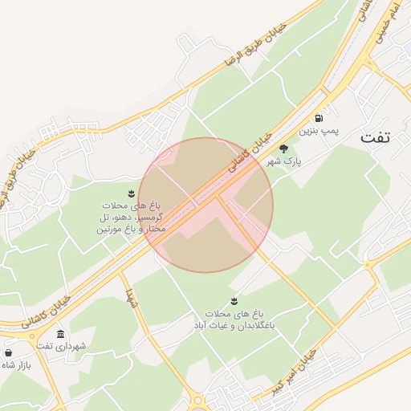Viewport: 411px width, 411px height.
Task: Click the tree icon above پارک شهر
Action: pyautogui.click(x=283, y=149)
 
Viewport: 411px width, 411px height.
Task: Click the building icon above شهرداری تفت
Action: pyautogui.click(x=60, y=334)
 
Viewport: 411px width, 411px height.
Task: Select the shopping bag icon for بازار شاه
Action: pyautogui.click(x=9, y=353)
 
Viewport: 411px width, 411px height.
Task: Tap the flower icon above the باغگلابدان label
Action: pyautogui.click(x=234, y=301)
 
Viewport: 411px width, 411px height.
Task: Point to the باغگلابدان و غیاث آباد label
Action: pyautogui.click(x=234, y=321)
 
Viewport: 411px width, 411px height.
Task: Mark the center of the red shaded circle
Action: pyautogui.click(x=205, y=205)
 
